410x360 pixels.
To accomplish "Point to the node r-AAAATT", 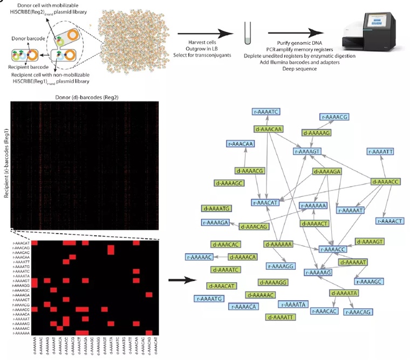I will [382, 152].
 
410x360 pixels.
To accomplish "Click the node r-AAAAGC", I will [369, 281].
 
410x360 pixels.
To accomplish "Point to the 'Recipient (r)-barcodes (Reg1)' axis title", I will [6, 162].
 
